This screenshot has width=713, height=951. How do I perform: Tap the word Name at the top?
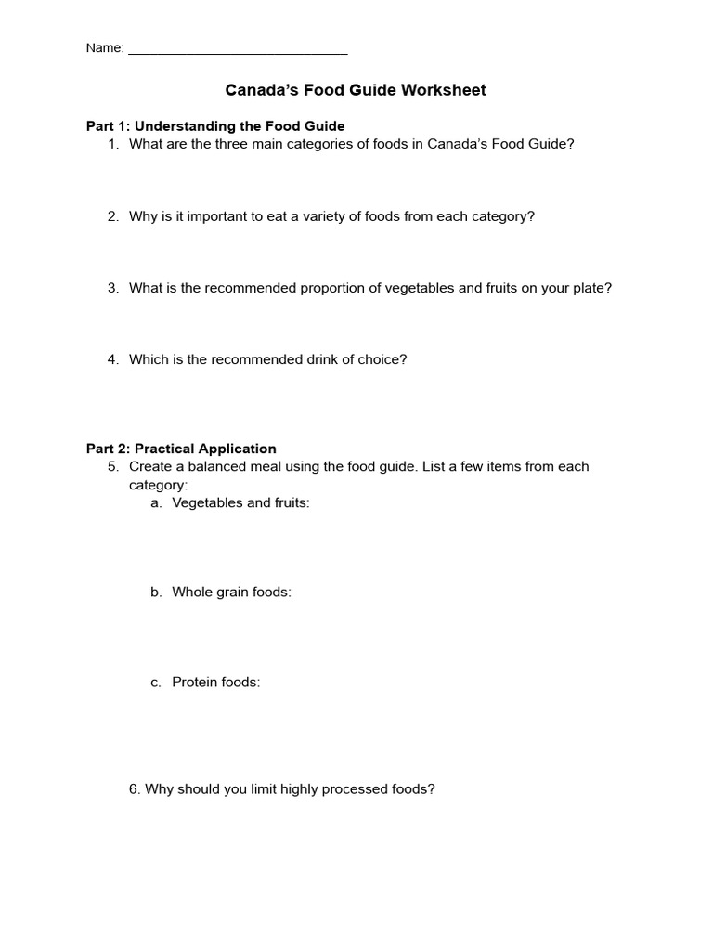point(103,48)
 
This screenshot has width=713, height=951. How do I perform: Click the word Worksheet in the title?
point(443,90)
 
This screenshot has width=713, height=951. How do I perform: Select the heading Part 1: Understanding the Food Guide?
point(215,125)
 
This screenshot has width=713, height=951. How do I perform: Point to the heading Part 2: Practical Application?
point(181,449)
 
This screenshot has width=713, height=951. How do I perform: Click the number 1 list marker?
point(112,144)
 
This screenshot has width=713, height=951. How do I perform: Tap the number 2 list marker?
point(112,216)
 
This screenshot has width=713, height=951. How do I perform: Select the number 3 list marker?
point(112,288)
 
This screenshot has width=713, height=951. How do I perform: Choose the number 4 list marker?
point(112,359)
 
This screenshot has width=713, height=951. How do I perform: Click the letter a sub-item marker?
point(155,502)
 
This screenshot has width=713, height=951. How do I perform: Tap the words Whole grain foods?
point(231,592)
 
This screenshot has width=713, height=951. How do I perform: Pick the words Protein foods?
point(216,682)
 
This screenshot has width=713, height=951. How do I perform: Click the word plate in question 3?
point(591,288)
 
